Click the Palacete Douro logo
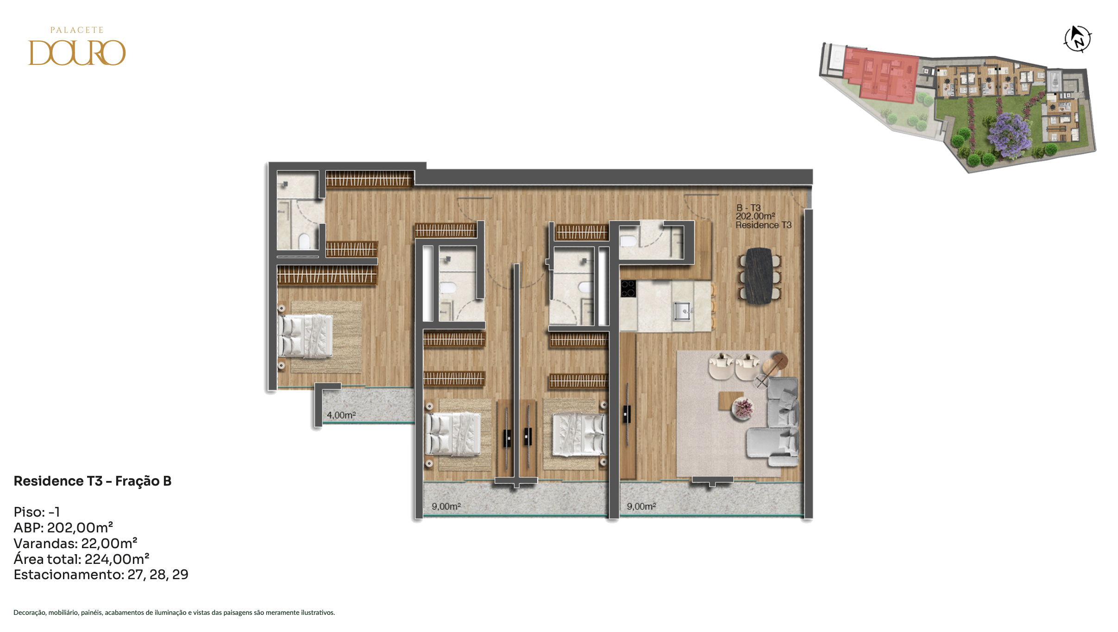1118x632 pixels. [x=77, y=46]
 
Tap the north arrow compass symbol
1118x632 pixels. [x=1078, y=39]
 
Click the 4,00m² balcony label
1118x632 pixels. [x=341, y=415]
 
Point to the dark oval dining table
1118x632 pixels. [x=759, y=276]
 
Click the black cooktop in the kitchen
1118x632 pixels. [x=628, y=288]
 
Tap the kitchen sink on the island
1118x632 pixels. [x=682, y=310]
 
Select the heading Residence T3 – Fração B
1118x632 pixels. [x=93, y=481]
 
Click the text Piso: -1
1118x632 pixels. [x=37, y=512]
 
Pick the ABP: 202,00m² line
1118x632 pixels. [x=63, y=527]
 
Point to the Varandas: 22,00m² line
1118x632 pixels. [x=75, y=543]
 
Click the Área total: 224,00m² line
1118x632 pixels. [x=82, y=559]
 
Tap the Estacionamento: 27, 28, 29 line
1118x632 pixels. [x=101, y=575]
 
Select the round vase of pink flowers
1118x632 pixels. [x=743, y=408]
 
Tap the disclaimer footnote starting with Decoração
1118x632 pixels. [x=174, y=613]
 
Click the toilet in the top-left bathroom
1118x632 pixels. [x=304, y=241]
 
